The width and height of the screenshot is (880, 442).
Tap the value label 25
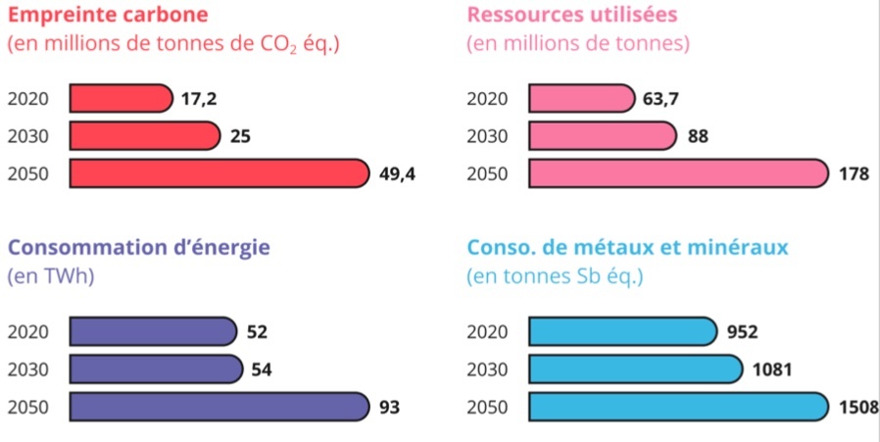click(240, 136)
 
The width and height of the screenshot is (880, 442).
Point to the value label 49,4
click(398, 173)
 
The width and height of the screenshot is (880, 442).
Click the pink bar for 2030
click(603, 136)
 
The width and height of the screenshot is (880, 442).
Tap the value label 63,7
click(661, 98)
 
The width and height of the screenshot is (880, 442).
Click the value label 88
click(698, 136)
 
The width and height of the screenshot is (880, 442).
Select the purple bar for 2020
click(153, 331)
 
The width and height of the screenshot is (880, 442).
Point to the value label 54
click(262, 369)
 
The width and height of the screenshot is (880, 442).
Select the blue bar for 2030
click(636, 369)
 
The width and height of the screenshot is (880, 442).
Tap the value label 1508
click(858, 407)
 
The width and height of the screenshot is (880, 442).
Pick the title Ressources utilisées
click(572, 17)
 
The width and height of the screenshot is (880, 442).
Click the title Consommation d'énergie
click(138, 247)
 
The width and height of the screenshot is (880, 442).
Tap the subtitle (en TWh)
click(50, 276)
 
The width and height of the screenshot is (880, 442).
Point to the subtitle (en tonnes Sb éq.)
click(555, 276)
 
